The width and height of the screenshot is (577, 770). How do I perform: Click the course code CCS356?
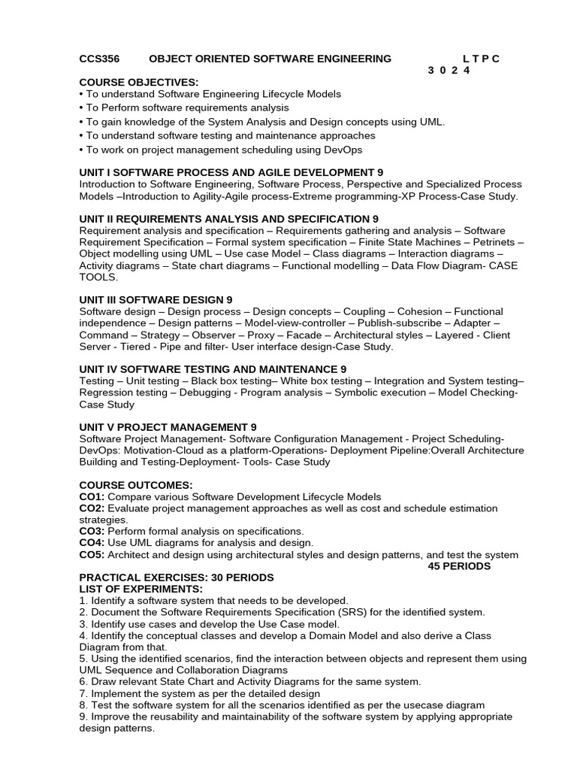click(x=99, y=59)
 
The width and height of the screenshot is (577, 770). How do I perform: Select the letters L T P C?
click(x=481, y=59)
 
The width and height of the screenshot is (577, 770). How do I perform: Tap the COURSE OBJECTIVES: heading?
click(x=139, y=82)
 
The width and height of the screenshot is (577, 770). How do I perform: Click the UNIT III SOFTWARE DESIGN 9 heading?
click(x=156, y=299)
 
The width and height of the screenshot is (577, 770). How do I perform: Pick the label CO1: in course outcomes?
click(x=92, y=497)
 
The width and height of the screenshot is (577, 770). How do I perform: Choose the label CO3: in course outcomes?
click(x=92, y=531)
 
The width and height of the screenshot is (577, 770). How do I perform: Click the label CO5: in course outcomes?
click(x=92, y=555)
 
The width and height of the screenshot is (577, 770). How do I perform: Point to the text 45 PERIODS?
click(x=459, y=565)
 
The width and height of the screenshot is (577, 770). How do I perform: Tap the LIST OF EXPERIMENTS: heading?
click(x=141, y=589)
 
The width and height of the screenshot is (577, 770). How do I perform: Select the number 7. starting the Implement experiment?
click(x=83, y=693)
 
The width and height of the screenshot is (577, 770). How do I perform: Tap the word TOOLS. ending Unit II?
click(x=98, y=277)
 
